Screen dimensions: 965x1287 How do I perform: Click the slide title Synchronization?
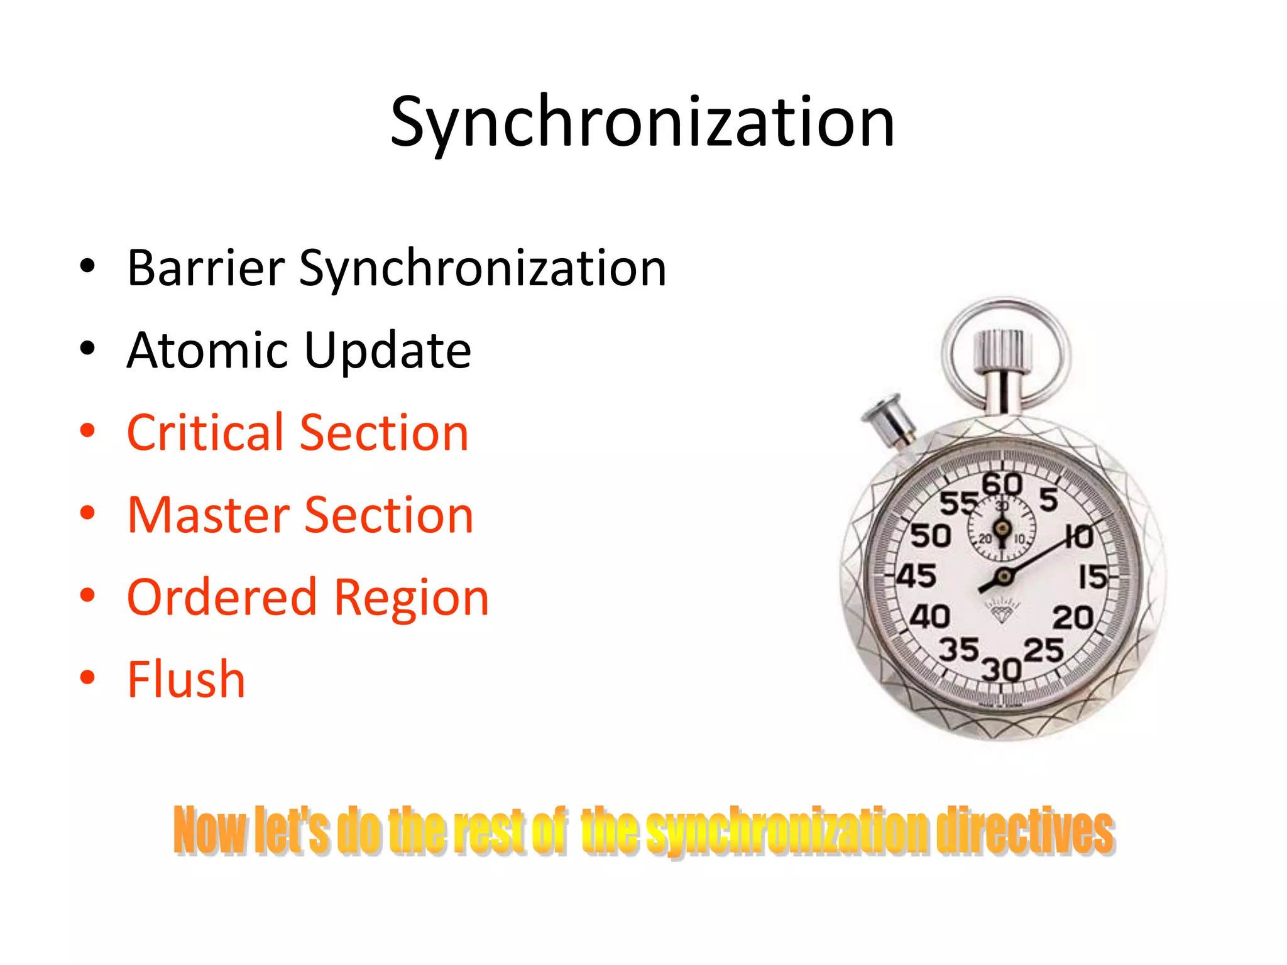642,123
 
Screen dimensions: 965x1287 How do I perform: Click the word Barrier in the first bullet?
205,268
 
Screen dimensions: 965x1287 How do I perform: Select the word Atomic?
208,350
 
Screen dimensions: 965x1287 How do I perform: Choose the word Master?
208,515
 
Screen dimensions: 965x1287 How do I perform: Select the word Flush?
186,679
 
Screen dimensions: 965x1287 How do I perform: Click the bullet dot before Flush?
87,678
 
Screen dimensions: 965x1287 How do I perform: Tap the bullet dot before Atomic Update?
87,349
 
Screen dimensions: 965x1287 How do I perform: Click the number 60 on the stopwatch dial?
1002,484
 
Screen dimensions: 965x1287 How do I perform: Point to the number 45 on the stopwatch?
916,575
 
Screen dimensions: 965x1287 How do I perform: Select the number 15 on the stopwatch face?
1092,577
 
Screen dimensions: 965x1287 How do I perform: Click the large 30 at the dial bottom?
1001,670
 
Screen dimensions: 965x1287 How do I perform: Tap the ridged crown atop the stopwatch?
1002,351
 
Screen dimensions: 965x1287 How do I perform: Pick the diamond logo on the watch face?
1002,611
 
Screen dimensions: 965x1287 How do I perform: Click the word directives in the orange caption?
1024,831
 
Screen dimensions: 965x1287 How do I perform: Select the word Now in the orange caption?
209,831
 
